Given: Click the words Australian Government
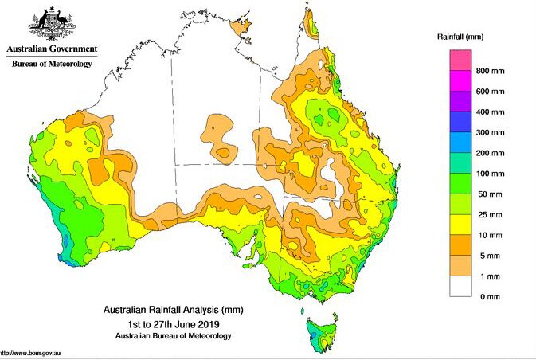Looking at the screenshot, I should pyautogui.click(x=49, y=49).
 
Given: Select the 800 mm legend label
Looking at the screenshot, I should pyautogui.click(x=491, y=71).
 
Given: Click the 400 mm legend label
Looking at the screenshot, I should pyautogui.click(x=491, y=112).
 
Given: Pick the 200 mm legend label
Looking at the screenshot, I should pyautogui.click(x=491, y=153).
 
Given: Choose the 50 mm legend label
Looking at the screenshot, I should pyautogui.click(x=491, y=194).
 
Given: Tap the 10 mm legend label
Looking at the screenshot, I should pyautogui.click(x=491, y=236).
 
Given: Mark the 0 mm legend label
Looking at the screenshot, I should pyautogui.click(x=488, y=296).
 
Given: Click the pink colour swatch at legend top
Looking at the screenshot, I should pyautogui.click(x=462, y=60).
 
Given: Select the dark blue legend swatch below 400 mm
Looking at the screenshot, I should pyautogui.click(x=462, y=122).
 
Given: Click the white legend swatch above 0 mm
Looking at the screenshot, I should pyautogui.click(x=462, y=286).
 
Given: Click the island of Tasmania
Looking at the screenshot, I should pyautogui.click(x=319, y=335).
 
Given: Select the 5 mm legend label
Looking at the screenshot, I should pyautogui.click(x=489, y=256).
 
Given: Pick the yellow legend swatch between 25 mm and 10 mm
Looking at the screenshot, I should pyautogui.click(x=462, y=225).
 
